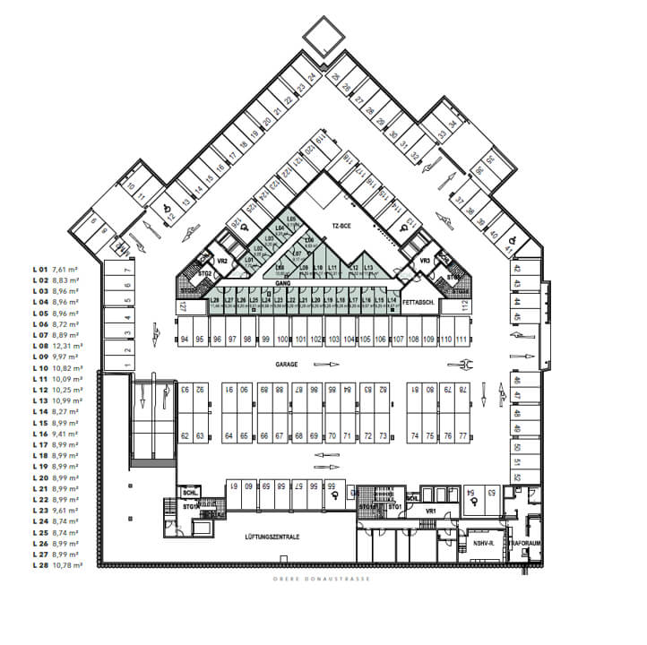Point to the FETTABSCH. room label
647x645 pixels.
pos(418,303)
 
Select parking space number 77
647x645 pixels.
pos(462,435)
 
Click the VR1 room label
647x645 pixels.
pos(429,511)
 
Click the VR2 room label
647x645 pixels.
pos(223,260)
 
